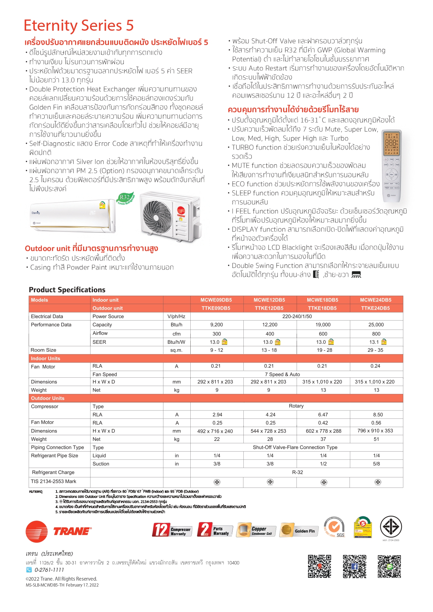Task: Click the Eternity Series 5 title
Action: pyautogui.click(x=79, y=25)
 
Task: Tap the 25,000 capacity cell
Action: pyautogui.click(x=376, y=325)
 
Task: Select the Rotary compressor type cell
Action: pyautogui.click(x=296, y=406)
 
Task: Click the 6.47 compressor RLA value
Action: pyautogui.click(x=323, y=415)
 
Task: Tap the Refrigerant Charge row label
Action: pyautogui.click(x=53, y=472)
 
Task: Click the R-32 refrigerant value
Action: pyautogui.click(x=297, y=472)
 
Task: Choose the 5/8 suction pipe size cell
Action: pyautogui.click(x=376, y=464)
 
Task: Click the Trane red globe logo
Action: pyautogui.click(x=36, y=531)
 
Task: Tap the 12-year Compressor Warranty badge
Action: pyautogui.click(x=172, y=530)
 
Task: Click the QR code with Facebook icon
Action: pyautogui.click(x=354, y=566)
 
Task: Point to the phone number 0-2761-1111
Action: pyautogui.click(x=49, y=570)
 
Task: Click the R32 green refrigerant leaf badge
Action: pyautogui.click(x=125, y=198)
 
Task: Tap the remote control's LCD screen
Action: pyautogui.click(x=391, y=143)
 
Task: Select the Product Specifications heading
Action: pyautogui.click(x=67, y=290)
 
